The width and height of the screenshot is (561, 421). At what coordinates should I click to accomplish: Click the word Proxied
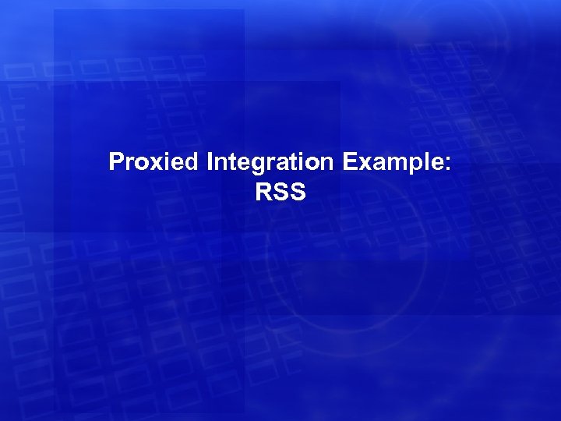click(x=155, y=162)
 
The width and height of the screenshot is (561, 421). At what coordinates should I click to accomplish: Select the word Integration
click(x=270, y=162)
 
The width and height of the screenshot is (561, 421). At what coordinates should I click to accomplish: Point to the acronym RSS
click(x=280, y=192)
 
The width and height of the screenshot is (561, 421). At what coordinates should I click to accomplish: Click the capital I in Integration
click(x=210, y=162)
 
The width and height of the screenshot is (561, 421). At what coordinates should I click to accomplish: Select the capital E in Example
click(x=348, y=162)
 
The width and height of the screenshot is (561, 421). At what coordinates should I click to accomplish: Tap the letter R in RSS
click(x=263, y=192)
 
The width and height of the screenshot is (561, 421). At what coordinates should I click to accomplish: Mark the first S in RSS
click(x=280, y=192)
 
